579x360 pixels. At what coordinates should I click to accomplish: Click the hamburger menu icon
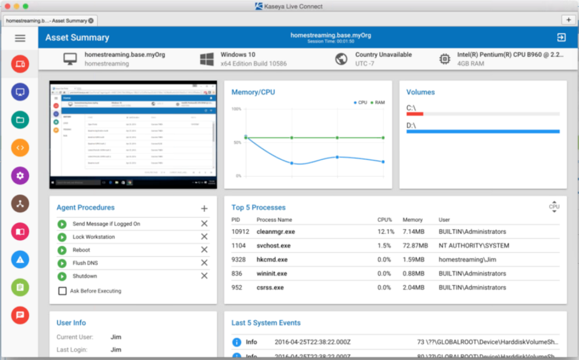point(20,38)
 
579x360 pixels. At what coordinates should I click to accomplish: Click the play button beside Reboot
point(62,250)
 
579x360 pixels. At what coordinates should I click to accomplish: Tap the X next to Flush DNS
point(204,263)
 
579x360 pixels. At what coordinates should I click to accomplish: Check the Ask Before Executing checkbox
point(62,291)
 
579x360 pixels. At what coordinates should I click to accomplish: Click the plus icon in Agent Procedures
point(204,209)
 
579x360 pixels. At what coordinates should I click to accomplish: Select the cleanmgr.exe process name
point(276,232)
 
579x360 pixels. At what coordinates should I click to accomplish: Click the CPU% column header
point(384,220)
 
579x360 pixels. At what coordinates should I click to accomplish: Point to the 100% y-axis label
point(236,109)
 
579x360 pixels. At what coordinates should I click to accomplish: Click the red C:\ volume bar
point(415,113)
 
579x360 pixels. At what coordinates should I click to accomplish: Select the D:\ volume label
point(411,125)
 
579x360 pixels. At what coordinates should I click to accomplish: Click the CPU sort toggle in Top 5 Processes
point(554,206)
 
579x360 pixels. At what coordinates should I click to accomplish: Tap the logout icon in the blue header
point(561,37)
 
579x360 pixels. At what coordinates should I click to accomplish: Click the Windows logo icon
point(207,59)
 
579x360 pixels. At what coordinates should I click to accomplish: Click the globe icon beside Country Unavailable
point(341,59)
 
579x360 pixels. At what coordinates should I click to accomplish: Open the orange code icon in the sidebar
point(20,147)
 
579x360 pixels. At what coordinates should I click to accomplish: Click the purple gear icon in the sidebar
point(20,175)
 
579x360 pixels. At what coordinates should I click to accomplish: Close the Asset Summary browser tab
point(90,21)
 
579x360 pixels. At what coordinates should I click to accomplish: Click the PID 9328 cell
point(238,260)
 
